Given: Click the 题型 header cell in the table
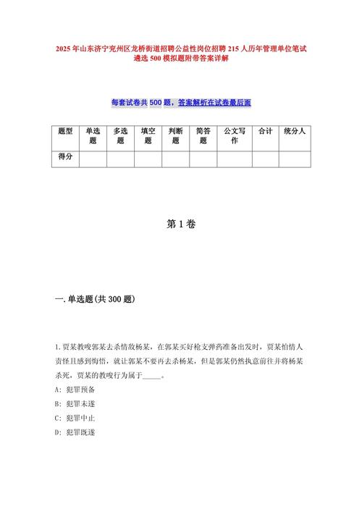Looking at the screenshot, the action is pyautogui.click(x=65, y=131).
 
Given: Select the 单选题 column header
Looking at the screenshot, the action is pyautogui.click(x=93, y=135).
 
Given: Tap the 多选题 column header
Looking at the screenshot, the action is pyautogui.click(x=120, y=135).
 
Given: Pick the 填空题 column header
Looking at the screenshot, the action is pyautogui.click(x=148, y=135).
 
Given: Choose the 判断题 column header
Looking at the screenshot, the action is pyautogui.click(x=175, y=135).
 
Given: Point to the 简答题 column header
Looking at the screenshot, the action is pyautogui.click(x=203, y=135).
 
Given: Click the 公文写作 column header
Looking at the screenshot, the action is pyautogui.click(x=234, y=135).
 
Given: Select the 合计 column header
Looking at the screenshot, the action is pyautogui.click(x=265, y=131).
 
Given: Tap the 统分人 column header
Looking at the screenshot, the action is pyautogui.click(x=295, y=131).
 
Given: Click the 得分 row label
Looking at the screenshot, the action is pyautogui.click(x=65, y=157).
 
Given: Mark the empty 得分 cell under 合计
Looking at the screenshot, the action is pyautogui.click(x=265, y=158).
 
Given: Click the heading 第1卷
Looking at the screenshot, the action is pyautogui.click(x=181, y=224).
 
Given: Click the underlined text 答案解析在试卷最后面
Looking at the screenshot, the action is pyautogui.click(x=214, y=103).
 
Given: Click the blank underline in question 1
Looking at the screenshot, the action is pyautogui.click(x=152, y=376).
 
